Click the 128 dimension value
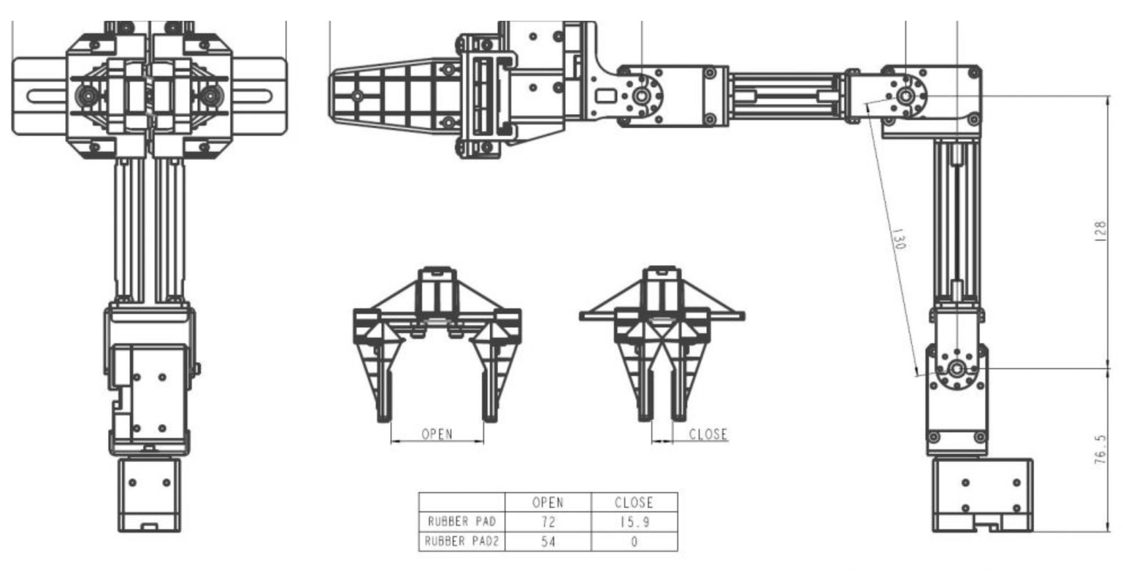coord(1100,231)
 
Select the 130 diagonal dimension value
coord(898,239)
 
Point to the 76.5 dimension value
coord(1100,450)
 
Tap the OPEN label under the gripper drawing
coord(437,433)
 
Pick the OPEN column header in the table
coord(548,502)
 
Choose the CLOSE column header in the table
coord(634,502)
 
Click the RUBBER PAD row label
coord(462,521)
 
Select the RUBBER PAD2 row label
coord(462,541)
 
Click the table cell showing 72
coord(548,521)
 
